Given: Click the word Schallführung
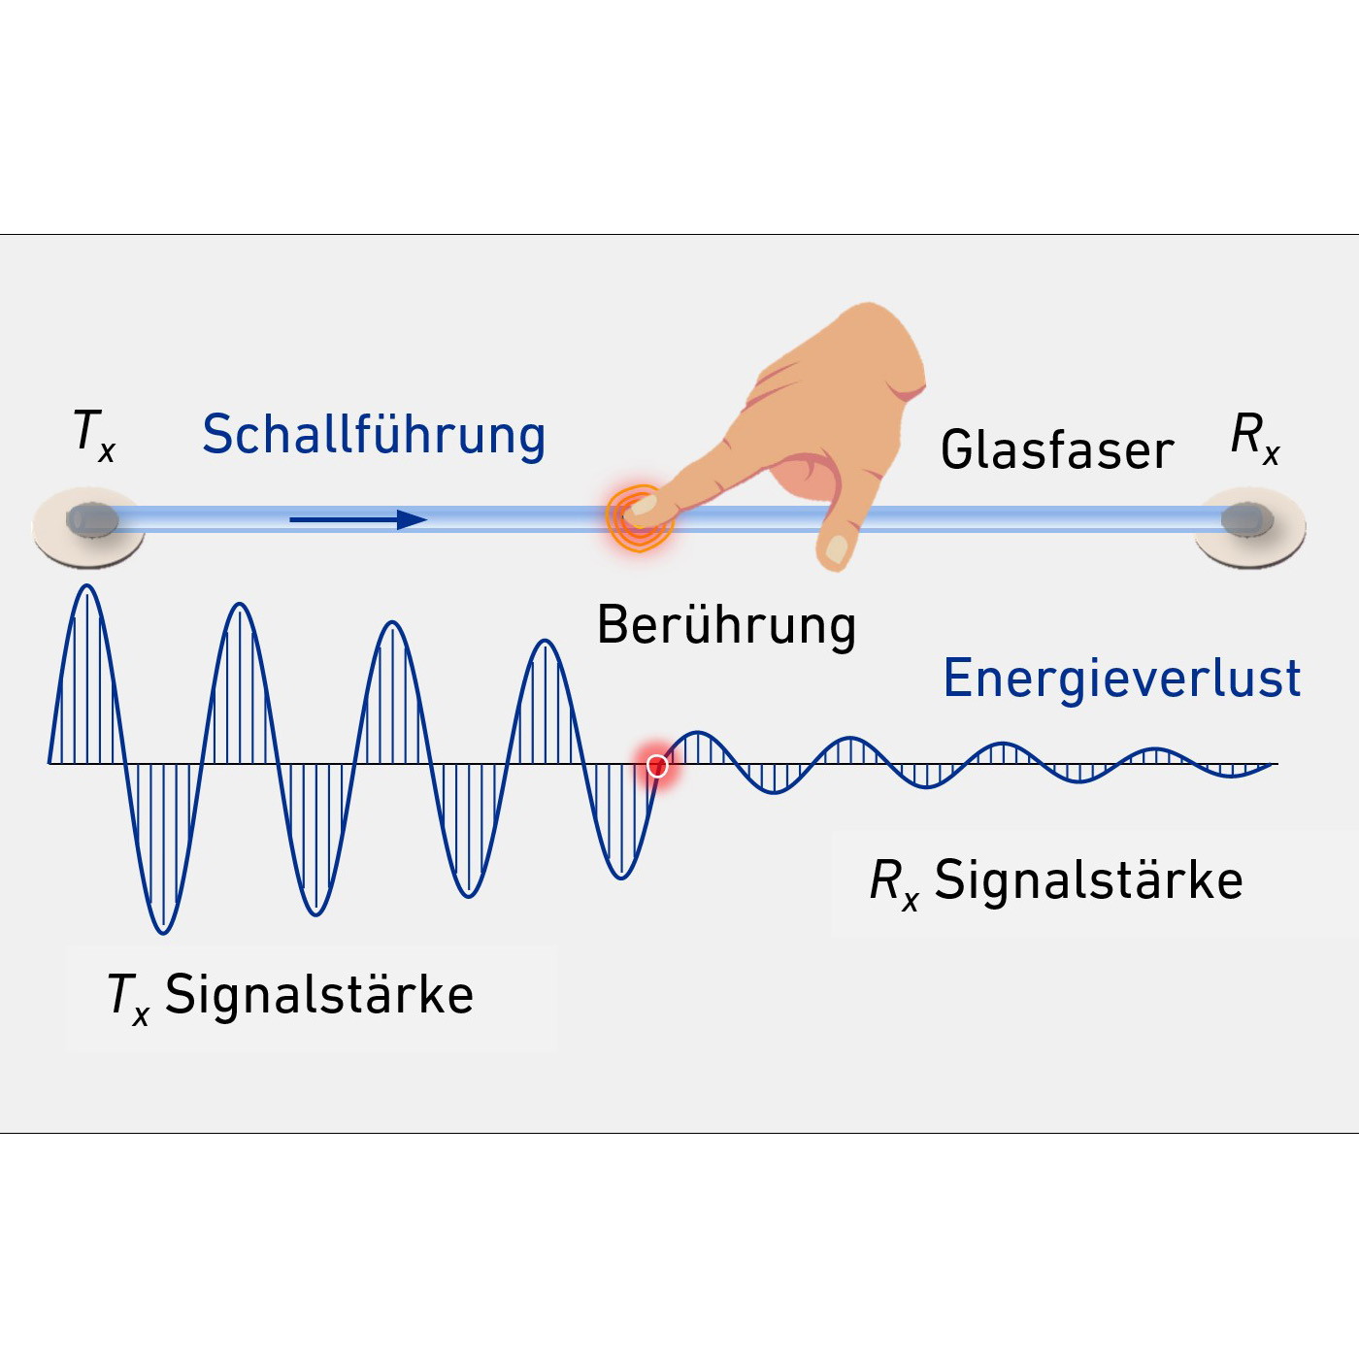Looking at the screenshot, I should pyautogui.click(x=374, y=435).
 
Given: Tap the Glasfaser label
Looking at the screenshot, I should pyautogui.click(x=1057, y=450).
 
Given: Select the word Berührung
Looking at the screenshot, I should pyautogui.click(x=726, y=625).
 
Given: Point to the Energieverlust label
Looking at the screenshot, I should pyautogui.click(x=1121, y=679).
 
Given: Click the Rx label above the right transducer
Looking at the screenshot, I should pyautogui.click(x=1254, y=437).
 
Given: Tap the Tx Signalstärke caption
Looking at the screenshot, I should pyautogui.click(x=291, y=996).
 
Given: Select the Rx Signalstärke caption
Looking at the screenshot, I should pyautogui.click(x=1056, y=881).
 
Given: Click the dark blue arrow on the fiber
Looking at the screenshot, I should pyautogui.click(x=359, y=520).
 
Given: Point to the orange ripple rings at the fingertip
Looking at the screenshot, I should pyautogui.click(x=636, y=519).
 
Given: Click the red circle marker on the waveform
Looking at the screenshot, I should pyautogui.click(x=657, y=766).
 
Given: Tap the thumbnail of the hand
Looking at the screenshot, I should pyautogui.click(x=837, y=549).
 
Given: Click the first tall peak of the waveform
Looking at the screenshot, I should pyautogui.click(x=87, y=588).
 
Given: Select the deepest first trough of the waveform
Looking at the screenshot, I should pyautogui.click(x=163, y=930).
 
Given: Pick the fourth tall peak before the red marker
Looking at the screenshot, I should pyautogui.click(x=546, y=643).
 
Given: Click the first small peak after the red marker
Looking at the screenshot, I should pyautogui.click(x=697, y=734).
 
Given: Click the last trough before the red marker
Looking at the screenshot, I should pyautogui.click(x=621, y=876).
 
